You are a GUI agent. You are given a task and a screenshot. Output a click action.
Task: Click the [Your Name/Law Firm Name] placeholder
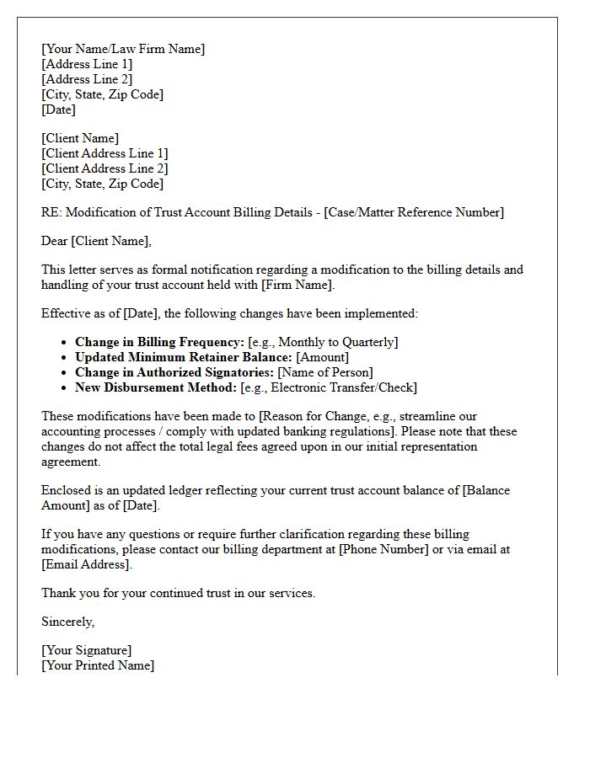(123, 49)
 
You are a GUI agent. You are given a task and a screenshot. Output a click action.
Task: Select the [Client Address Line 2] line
(105, 168)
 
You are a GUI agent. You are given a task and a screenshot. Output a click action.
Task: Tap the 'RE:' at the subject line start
(52, 212)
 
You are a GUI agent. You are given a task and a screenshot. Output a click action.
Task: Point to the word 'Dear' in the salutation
(55, 242)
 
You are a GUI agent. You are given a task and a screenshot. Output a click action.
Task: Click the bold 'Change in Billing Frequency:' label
(159, 342)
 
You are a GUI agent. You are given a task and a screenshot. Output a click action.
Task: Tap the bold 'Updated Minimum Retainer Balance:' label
(183, 357)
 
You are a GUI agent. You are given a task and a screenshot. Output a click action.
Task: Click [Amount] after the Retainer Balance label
(322, 357)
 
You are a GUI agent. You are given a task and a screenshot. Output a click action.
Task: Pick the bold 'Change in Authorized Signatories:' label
(174, 372)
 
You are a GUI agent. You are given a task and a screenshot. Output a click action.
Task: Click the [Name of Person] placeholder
(325, 372)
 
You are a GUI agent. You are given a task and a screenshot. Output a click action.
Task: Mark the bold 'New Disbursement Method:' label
(155, 387)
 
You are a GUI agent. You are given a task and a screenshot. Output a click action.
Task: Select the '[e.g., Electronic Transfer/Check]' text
(329, 387)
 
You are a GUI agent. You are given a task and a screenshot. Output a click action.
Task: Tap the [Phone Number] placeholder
(376, 549)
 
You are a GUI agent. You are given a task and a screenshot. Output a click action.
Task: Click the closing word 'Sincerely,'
(68, 622)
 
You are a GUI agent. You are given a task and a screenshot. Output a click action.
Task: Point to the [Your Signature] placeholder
(86, 650)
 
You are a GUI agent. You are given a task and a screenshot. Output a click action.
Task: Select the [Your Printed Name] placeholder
(98, 665)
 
